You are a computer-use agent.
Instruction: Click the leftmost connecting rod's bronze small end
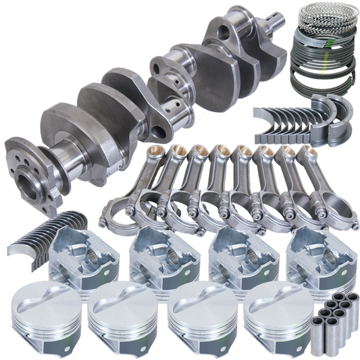159,151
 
